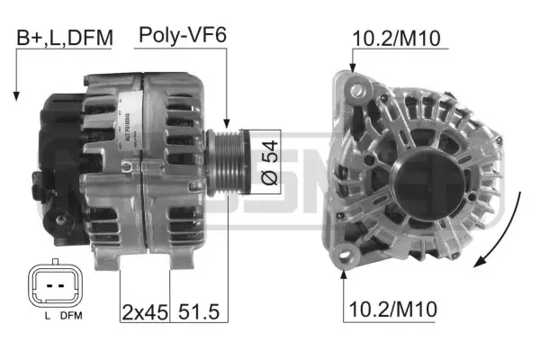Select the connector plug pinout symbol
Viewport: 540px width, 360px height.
point(53,285)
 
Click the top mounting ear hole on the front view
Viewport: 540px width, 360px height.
point(361,88)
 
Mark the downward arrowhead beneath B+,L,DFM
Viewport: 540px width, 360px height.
point(16,94)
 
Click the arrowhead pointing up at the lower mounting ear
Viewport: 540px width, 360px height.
point(345,273)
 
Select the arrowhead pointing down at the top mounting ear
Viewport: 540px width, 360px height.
point(353,70)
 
